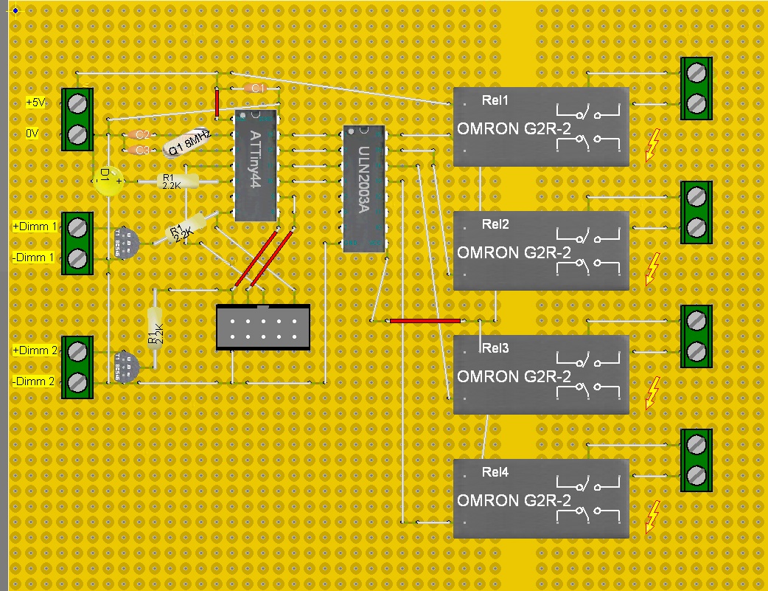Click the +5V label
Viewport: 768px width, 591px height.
(x=35, y=103)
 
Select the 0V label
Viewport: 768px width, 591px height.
(x=32, y=134)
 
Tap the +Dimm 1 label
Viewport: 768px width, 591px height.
(x=35, y=227)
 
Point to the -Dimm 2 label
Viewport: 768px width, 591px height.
(x=34, y=381)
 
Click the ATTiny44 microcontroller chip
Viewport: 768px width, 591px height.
(x=254, y=165)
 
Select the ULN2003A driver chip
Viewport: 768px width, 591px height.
(x=364, y=188)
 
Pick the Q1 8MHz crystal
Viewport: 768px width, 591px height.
(x=188, y=142)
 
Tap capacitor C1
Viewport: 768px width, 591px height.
(x=255, y=88)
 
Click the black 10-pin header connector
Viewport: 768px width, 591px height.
(x=262, y=327)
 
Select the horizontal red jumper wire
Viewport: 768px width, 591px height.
(x=425, y=321)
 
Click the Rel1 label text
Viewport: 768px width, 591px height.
(x=495, y=100)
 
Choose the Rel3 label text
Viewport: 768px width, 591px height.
(x=495, y=348)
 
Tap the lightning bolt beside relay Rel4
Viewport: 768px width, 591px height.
(x=652, y=516)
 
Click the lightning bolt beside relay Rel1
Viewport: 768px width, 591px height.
(x=652, y=145)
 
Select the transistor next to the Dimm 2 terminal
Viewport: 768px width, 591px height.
(x=126, y=367)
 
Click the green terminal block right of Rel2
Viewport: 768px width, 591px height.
(x=696, y=212)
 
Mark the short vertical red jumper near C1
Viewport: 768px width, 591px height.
(x=217, y=103)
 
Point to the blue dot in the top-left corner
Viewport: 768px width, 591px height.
(x=15, y=10)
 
